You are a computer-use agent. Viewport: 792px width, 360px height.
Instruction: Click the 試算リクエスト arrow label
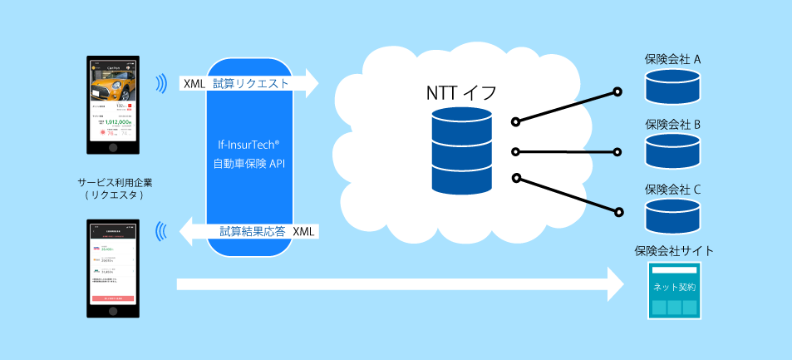(250, 83)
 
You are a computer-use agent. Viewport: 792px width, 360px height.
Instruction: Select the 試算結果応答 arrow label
(253, 231)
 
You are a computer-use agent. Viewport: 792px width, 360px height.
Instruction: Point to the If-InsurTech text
(249, 143)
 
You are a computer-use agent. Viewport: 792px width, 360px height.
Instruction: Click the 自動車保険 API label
(249, 163)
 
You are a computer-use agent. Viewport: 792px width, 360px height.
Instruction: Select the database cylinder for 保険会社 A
(672, 86)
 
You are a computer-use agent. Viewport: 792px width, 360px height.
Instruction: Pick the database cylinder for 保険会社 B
(672, 150)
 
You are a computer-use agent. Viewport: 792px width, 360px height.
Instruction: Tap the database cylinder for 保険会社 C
(672, 215)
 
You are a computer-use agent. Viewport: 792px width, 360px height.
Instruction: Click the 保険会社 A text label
(672, 60)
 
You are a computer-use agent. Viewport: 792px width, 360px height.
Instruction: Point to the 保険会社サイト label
(673, 250)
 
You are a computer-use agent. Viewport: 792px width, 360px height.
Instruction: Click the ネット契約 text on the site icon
(674, 287)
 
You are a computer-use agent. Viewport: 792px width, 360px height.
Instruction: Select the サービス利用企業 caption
(114, 181)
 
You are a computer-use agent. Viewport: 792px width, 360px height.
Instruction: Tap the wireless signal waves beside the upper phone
(159, 83)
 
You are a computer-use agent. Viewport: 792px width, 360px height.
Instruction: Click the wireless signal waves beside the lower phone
(161, 231)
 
